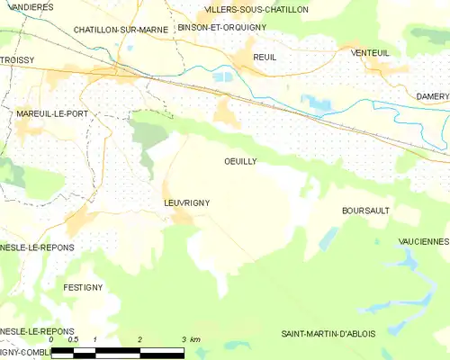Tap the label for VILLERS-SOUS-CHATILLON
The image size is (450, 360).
point(256,9)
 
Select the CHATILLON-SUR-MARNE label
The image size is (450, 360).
point(121,30)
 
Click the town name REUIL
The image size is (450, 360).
point(265,57)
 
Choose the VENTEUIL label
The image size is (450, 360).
point(370,52)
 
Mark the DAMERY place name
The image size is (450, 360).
point(432,95)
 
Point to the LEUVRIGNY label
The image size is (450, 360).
point(186,203)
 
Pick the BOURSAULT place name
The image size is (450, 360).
point(364,210)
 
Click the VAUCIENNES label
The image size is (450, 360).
point(423,241)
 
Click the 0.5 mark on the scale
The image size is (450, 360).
point(73,339)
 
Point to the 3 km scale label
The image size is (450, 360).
point(189,339)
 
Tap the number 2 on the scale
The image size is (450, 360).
point(139,339)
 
